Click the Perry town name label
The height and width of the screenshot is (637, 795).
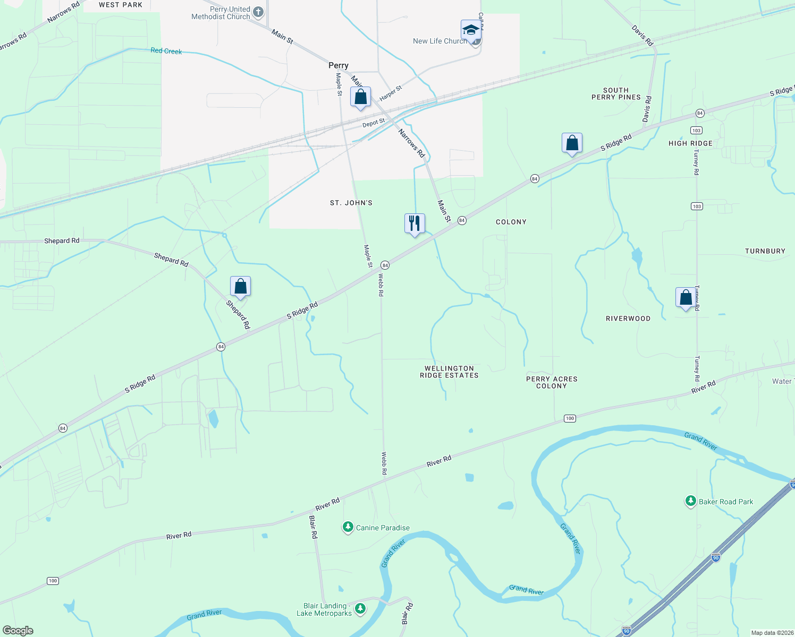tap(339, 65)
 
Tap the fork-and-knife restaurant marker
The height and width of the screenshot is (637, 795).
tap(415, 223)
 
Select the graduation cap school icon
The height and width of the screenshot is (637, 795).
tap(471, 30)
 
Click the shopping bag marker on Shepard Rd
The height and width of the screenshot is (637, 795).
tap(240, 286)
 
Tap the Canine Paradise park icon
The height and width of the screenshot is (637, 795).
tap(348, 527)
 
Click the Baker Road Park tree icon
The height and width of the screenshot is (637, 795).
tap(690, 501)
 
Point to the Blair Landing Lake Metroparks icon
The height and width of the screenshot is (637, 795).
tap(360, 608)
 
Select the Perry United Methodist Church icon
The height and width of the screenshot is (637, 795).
tap(258, 12)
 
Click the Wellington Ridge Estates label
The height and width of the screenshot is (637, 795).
tap(449, 372)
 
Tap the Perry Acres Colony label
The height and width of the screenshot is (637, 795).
tap(552, 382)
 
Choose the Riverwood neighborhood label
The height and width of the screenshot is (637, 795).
tap(628, 318)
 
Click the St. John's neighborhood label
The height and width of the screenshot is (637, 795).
tap(351, 203)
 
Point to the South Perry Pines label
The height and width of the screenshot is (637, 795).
tap(616, 93)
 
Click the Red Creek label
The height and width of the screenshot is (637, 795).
tap(166, 51)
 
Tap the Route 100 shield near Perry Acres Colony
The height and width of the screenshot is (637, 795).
tap(570, 418)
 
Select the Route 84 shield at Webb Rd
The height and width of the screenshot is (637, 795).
tap(385, 265)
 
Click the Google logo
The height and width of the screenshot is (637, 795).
tap(18, 630)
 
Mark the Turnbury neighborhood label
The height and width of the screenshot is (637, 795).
tap(765, 251)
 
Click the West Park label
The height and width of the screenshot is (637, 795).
tap(121, 5)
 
